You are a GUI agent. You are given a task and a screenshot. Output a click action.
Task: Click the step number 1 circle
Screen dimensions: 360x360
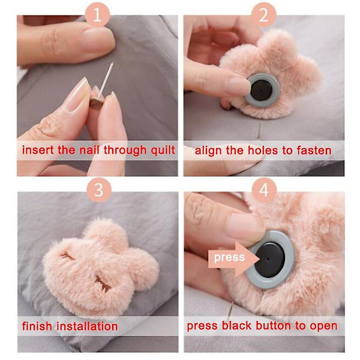(x=97, y=15)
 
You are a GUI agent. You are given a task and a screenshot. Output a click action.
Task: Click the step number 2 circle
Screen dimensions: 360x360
(x=263, y=15)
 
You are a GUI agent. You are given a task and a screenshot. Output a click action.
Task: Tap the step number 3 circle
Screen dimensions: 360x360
(x=99, y=190)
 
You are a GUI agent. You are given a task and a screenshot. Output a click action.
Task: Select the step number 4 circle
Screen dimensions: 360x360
(x=264, y=190)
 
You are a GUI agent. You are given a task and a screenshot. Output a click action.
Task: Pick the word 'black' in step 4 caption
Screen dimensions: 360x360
(x=236, y=326)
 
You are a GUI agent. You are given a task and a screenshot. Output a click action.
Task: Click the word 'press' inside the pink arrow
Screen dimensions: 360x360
(x=229, y=257)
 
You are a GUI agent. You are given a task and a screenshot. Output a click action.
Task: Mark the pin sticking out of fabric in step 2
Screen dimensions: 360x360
(x=259, y=131)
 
